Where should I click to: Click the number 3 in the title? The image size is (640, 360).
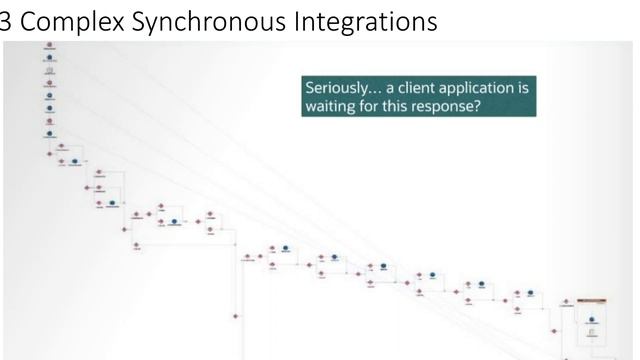(x=7, y=19)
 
